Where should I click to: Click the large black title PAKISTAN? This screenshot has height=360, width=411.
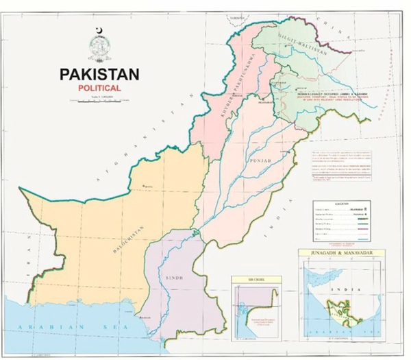(99, 74)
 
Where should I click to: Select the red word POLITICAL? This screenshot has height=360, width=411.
(99, 88)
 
